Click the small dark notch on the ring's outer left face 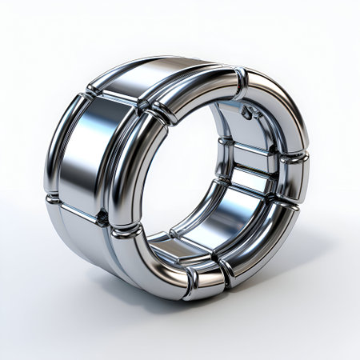[x=101, y=214]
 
